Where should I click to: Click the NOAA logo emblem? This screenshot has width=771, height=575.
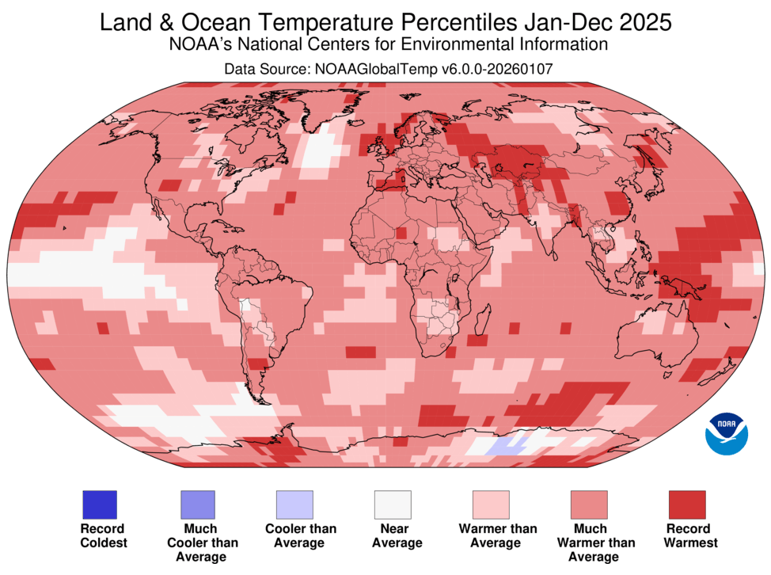pos(726,432)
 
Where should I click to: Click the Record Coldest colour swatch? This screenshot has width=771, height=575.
pos(99,505)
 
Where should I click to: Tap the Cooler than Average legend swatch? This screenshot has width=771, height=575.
pos(294,505)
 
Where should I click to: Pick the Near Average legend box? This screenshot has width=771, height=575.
pos(393,505)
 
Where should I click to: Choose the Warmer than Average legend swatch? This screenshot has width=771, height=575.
pos(491,505)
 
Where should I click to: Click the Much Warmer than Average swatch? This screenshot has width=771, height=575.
pos(589,505)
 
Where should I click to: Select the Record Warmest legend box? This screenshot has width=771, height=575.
pos(687,505)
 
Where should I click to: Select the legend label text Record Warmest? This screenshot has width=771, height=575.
pos(687,535)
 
